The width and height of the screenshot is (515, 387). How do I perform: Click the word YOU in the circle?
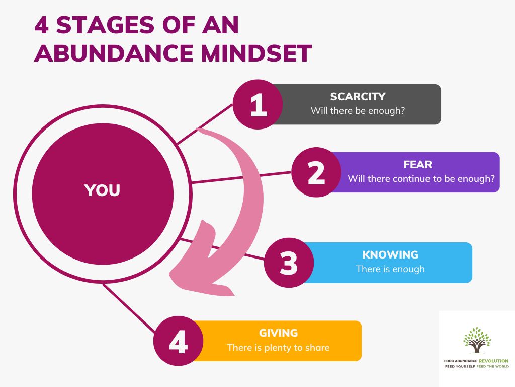[x=102, y=190]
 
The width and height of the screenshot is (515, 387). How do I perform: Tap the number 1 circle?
[x=258, y=104]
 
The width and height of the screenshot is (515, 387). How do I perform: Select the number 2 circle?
[x=316, y=172]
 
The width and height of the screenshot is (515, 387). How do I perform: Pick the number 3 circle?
[x=289, y=263]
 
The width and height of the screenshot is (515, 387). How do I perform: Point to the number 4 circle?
[x=179, y=341]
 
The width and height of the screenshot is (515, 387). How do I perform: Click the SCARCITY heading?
[x=358, y=96]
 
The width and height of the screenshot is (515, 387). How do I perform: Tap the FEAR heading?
[x=418, y=164]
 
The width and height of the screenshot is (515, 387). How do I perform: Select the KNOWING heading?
[x=390, y=254]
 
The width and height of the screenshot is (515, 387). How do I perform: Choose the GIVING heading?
[x=278, y=333]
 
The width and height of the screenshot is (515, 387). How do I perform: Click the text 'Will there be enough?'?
[x=358, y=110]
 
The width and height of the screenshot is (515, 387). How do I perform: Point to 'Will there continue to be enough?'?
[x=421, y=179]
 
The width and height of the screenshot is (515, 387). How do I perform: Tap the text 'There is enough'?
[x=390, y=269]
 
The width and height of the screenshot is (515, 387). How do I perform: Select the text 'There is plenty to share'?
[x=278, y=348]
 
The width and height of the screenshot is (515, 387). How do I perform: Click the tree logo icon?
[x=477, y=340]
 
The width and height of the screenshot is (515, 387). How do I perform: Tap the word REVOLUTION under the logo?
[x=493, y=361]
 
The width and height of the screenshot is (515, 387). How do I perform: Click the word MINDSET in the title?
[x=256, y=53]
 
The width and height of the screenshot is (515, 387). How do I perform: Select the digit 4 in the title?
[x=42, y=25]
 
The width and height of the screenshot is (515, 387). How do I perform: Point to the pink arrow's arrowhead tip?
[x=170, y=274]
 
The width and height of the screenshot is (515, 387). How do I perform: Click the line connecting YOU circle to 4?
[x=129, y=308]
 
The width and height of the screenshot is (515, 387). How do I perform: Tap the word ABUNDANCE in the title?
[x=114, y=53]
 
